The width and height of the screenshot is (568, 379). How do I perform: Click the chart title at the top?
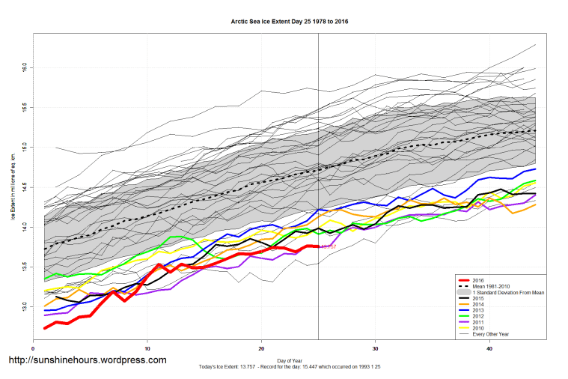[x=289, y=21]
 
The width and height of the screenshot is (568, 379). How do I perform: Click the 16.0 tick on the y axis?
[x=24, y=67]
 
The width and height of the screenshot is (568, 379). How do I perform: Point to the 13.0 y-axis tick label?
[x=24, y=306]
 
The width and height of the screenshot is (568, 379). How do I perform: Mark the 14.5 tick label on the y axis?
[x=24, y=187]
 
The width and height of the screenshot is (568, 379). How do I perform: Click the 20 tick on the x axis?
[x=261, y=348]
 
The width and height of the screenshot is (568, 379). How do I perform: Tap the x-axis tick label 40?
[x=489, y=348]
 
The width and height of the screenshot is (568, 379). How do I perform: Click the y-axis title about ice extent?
[x=13, y=187]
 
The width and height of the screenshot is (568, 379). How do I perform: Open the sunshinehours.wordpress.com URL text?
[x=87, y=360]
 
